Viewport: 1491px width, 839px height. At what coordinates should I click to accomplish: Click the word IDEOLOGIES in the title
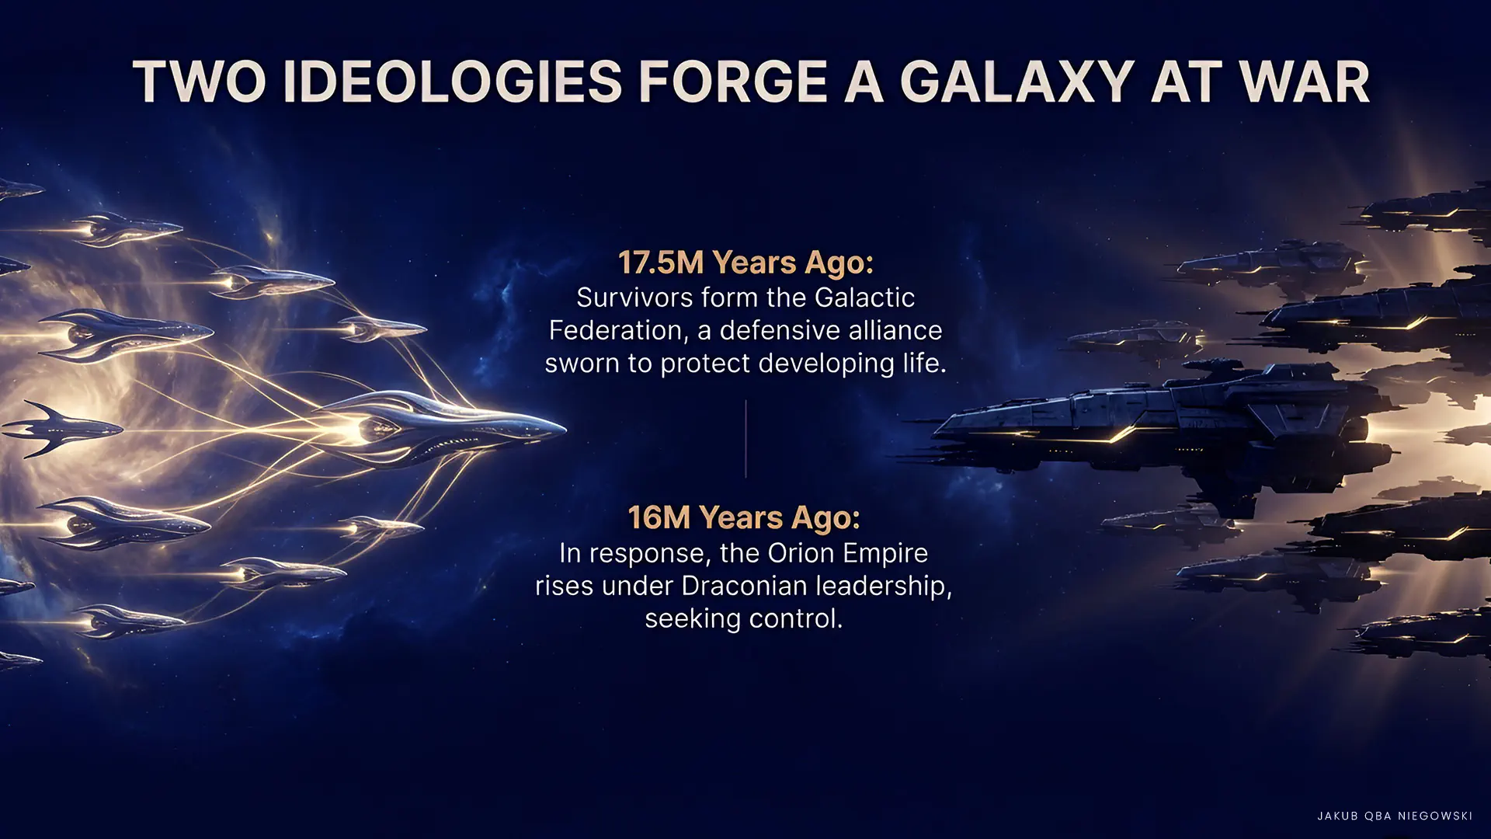pyautogui.click(x=452, y=82)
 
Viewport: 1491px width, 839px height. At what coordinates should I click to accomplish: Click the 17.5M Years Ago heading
pyautogui.click(x=745, y=263)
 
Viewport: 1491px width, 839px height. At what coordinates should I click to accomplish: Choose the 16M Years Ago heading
pyautogui.click(x=744, y=517)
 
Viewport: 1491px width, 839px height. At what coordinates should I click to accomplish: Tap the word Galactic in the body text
pyautogui.click(x=864, y=298)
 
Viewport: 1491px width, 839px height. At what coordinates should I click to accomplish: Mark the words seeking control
pyautogui.click(x=743, y=619)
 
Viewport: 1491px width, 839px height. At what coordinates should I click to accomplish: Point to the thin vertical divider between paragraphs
pyautogui.click(x=745, y=439)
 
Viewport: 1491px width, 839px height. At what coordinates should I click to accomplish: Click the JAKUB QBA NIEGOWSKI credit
pyautogui.click(x=1395, y=816)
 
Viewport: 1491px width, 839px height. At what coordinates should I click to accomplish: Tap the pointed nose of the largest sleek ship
pyautogui.click(x=564, y=428)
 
